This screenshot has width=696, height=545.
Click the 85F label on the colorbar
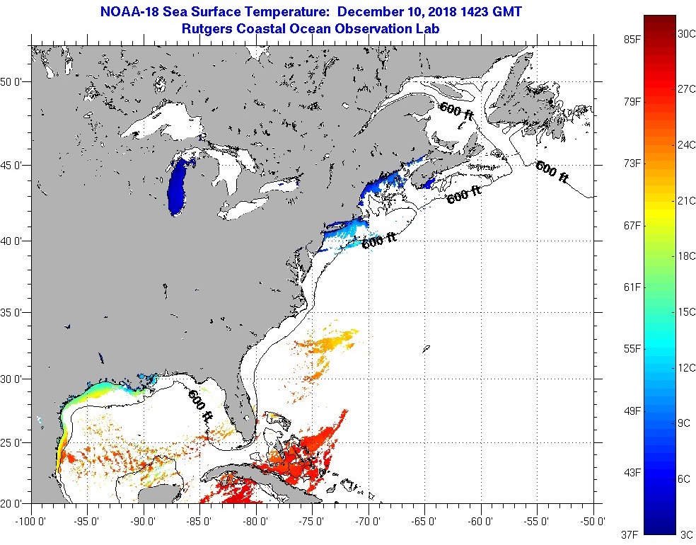click(x=632, y=40)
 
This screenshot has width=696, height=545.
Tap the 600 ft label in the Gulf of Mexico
click(x=200, y=406)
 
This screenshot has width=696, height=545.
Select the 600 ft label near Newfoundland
click(x=552, y=171)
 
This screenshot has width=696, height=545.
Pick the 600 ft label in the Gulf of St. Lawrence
click(x=456, y=113)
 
